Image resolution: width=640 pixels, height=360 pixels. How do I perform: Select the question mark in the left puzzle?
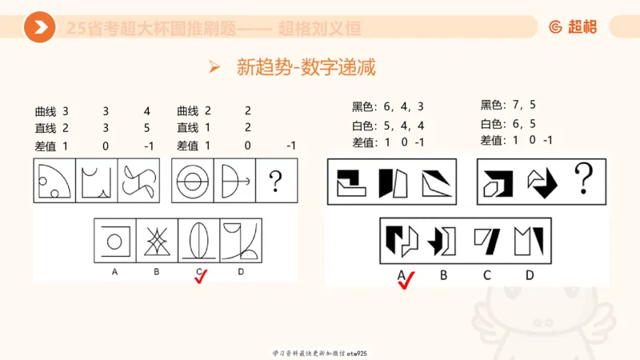[x=276, y=182]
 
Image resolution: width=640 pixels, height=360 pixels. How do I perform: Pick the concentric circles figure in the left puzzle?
[x=193, y=182]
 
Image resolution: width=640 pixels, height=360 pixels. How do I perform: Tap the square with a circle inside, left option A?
[x=115, y=241]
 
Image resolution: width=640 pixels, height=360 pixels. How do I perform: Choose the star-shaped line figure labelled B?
[x=157, y=241]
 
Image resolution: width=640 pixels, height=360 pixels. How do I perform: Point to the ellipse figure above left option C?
[x=198, y=241]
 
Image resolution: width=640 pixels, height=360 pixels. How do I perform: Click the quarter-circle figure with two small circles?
[x=54, y=182]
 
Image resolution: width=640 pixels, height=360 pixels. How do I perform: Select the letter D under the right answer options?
[x=529, y=275]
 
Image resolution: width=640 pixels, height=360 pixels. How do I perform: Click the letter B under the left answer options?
[x=157, y=272]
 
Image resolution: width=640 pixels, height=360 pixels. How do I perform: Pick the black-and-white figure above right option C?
[x=486, y=239]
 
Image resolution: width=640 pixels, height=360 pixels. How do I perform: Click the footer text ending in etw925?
[x=319, y=353]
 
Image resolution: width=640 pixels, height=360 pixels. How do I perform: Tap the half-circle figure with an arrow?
[x=234, y=182]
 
